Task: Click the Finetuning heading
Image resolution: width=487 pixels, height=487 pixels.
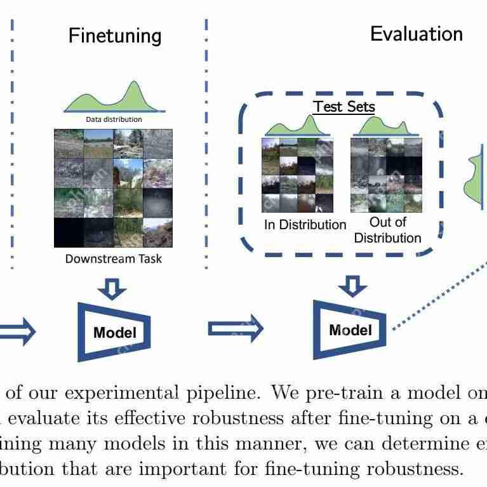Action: click(115, 36)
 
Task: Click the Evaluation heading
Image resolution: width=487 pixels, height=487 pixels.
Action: click(417, 34)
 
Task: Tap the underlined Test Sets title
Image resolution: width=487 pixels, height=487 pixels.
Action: click(344, 107)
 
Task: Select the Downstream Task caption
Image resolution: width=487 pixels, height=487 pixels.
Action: click(114, 258)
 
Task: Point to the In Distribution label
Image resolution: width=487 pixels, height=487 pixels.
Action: click(305, 225)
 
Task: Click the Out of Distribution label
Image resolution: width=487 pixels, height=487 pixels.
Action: click(387, 230)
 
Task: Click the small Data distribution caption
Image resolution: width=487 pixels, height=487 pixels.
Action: click(114, 119)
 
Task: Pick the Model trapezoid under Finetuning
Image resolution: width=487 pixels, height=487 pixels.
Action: click(114, 331)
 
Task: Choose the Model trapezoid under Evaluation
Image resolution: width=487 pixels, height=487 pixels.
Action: click(350, 330)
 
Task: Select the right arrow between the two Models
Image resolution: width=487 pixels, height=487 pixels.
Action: click(236, 328)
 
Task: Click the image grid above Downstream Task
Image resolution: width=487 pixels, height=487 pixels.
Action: click(113, 188)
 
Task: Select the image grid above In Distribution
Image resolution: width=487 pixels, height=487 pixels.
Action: click(297, 175)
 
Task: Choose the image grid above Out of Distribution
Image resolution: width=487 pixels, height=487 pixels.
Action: click(386, 175)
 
